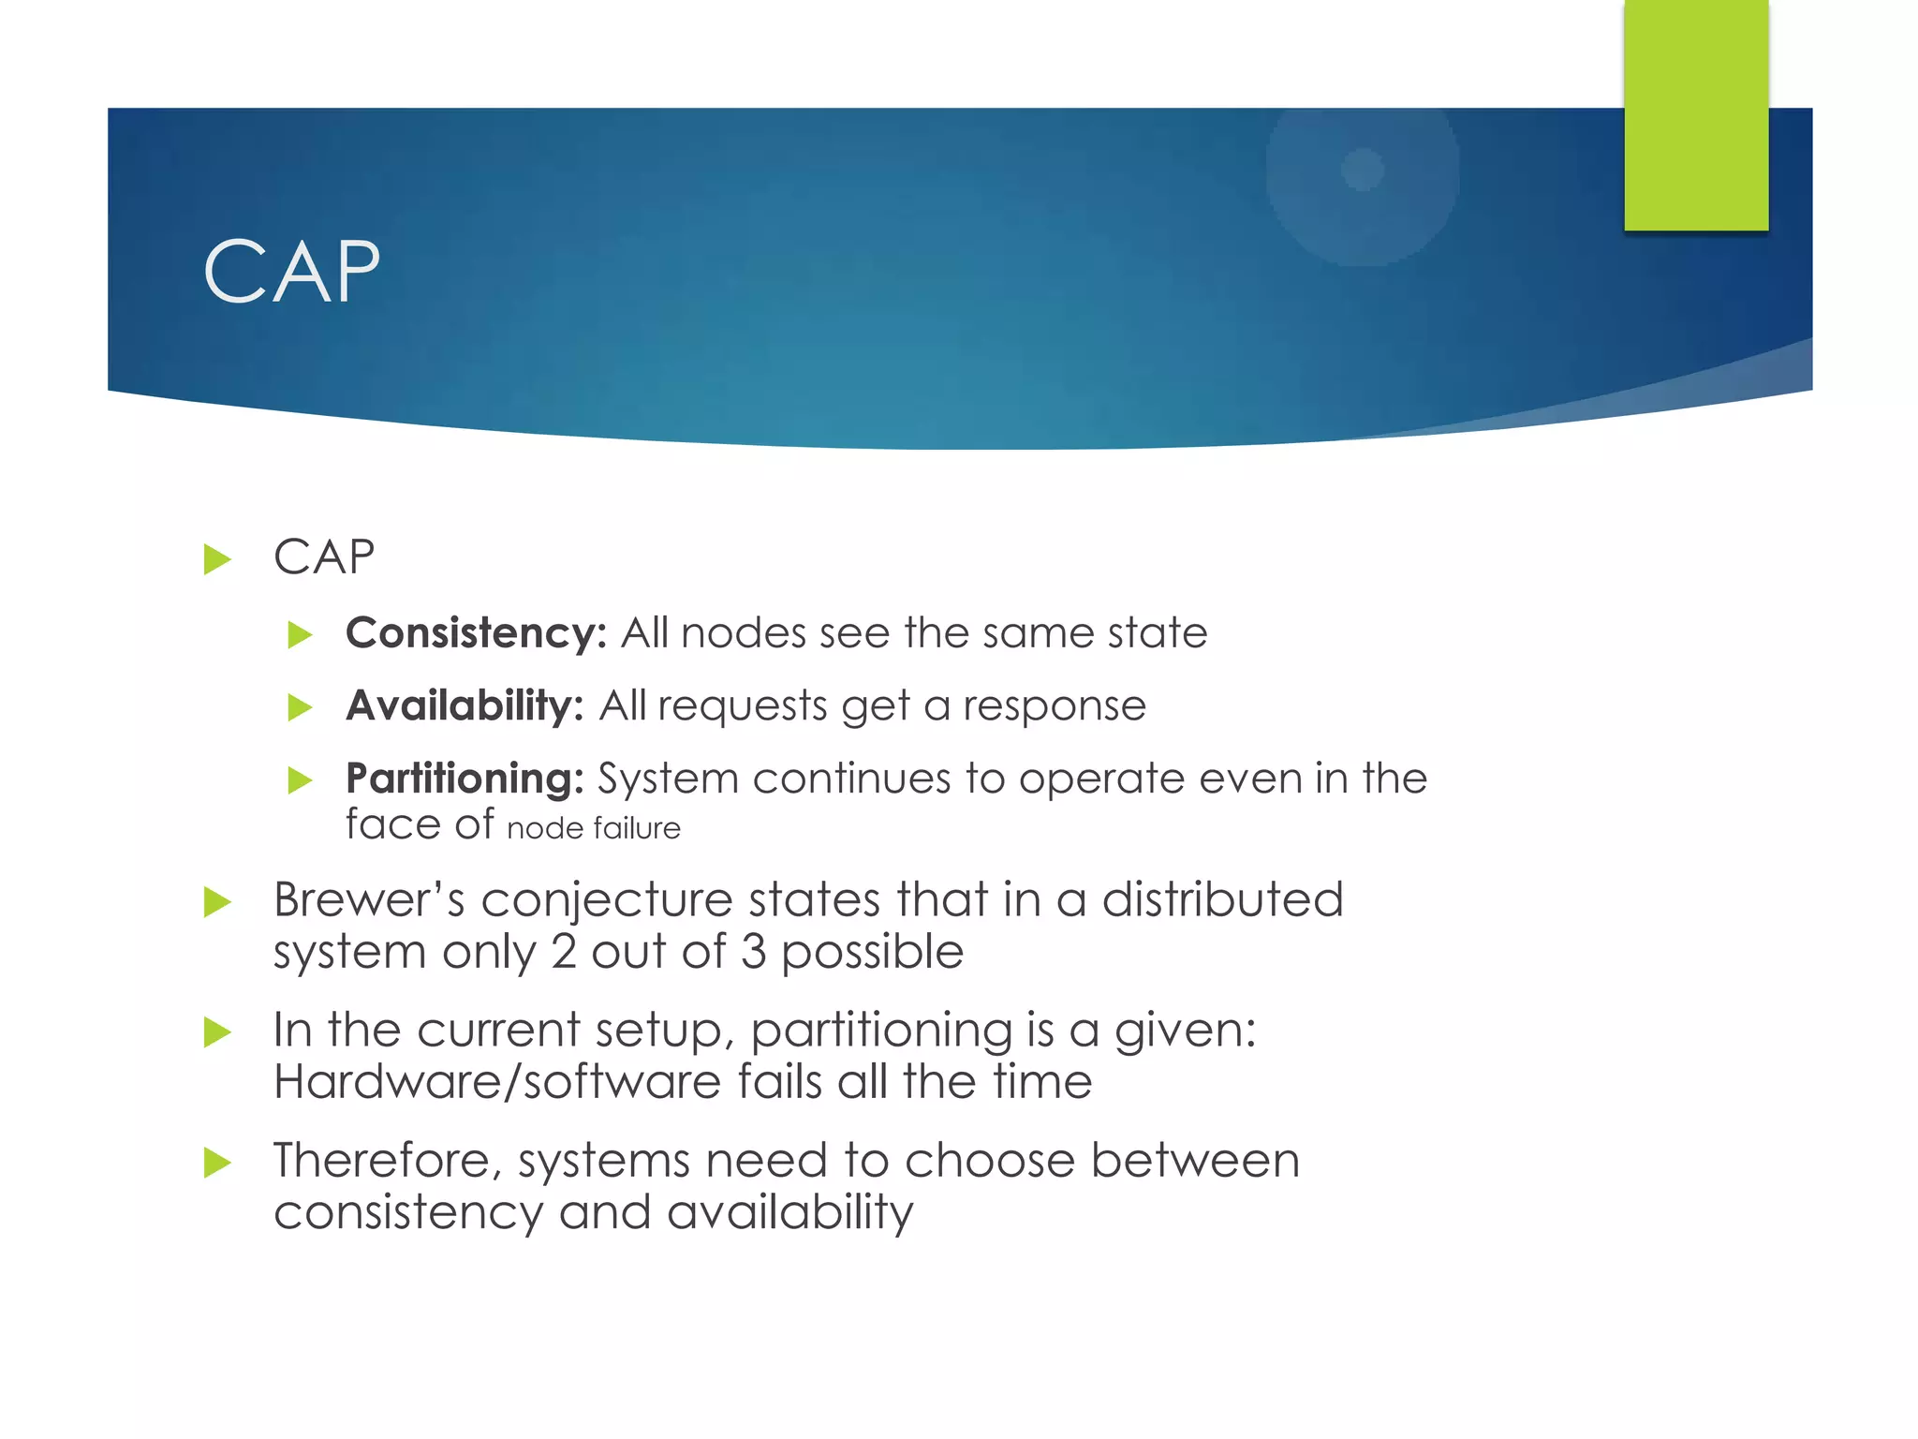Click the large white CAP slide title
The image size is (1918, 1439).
291,272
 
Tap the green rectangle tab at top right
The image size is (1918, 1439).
1695,114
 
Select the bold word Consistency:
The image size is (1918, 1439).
476,633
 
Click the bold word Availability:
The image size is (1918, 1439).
465,705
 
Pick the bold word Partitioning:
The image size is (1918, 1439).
465,779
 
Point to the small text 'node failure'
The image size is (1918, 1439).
593,829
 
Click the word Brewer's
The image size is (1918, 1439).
368,900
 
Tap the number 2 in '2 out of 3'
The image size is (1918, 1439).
564,953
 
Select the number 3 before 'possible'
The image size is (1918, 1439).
754,953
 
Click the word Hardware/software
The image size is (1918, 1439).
496,1083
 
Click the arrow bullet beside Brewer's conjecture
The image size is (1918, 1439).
217,902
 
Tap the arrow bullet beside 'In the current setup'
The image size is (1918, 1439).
217,1032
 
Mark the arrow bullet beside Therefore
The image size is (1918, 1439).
217,1163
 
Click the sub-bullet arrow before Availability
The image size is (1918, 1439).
300,707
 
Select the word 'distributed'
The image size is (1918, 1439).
1222,900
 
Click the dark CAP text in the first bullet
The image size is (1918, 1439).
324,557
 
